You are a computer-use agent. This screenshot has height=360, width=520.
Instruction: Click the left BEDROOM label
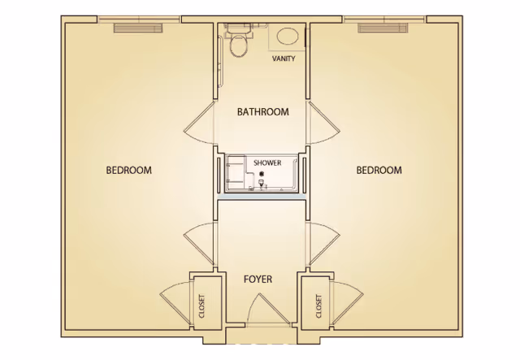coord(129,170)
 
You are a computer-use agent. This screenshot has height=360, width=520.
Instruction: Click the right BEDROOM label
coord(379,170)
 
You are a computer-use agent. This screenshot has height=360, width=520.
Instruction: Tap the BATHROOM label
coord(262,112)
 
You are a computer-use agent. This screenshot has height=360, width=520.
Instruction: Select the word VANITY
coord(284,59)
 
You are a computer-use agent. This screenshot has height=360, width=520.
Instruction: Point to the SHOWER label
coord(267,163)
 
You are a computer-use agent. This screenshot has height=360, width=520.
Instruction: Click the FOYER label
coord(258,279)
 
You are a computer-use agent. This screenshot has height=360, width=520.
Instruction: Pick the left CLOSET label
coord(201,304)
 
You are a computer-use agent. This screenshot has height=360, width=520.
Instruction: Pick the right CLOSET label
coord(318,304)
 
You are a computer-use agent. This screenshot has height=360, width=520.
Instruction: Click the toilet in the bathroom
coord(238,43)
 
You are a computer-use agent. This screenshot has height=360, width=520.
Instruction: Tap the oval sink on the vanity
coord(287,37)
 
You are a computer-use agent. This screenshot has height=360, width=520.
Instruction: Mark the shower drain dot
coord(262,174)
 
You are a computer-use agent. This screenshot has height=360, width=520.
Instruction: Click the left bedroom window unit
coord(139,28)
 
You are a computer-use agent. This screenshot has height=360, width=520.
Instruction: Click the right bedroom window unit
coord(383,28)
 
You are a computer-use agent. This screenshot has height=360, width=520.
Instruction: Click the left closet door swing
coord(174,301)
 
